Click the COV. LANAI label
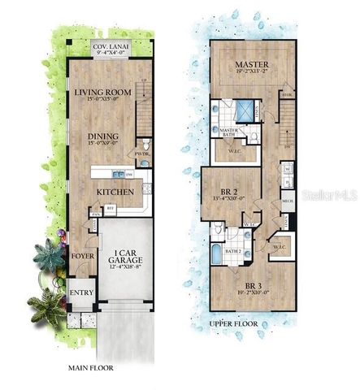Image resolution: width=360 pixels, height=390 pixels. (111, 46)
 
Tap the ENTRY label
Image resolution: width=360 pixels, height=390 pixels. (81, 293)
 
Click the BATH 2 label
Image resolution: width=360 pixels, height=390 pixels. (234, 253)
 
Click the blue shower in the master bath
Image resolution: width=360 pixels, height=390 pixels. (244, 110)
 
